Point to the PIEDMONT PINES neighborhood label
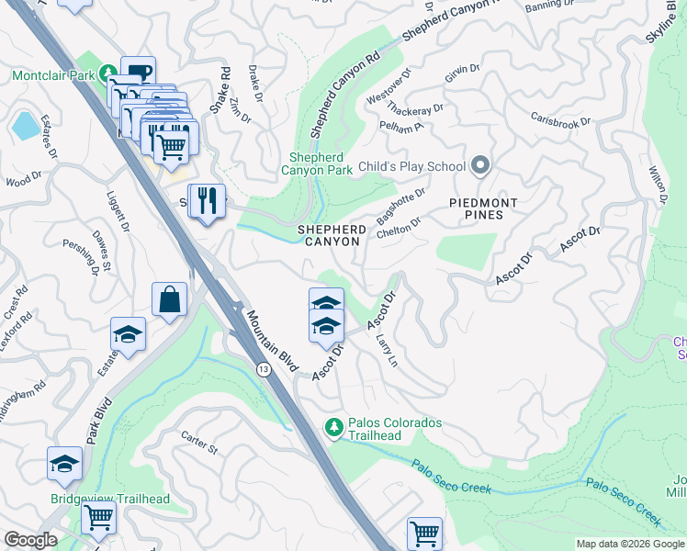point(483,209)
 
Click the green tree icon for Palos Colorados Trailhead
point(335,427)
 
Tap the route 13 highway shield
point(264,369)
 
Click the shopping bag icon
point(170,299)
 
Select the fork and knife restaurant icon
point(207,199)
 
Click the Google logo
point(30,540)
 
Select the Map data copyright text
point(629,544)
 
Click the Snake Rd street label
point(220,90)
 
